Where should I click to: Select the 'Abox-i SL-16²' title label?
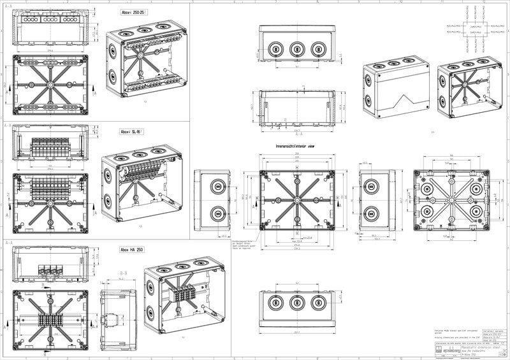click(132, 132)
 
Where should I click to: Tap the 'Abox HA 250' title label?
click(131, 250)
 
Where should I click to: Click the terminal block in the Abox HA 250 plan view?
click(50, 320)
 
